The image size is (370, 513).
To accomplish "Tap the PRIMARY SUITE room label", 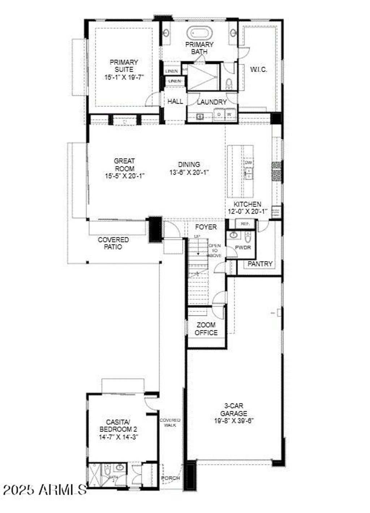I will tap(124, 66).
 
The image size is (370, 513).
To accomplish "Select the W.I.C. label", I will tap(259, 69).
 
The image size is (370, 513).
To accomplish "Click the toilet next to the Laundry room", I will tap(228, 84).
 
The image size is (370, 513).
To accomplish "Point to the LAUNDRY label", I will tap(212, 102).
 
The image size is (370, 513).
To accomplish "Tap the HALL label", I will tap(175, 102).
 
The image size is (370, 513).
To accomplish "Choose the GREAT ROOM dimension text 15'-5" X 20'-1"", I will tap(124, 176).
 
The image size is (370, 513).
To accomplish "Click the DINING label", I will tap(189, 165).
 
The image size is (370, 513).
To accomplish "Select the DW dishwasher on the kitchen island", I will tap(248, 163).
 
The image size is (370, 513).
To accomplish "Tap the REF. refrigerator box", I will tap(245, 224).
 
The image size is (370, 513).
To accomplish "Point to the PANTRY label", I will tap(260, 264).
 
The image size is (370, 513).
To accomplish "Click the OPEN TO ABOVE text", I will tap(215, 250).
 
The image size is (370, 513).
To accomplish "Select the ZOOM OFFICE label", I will tap(206, 329).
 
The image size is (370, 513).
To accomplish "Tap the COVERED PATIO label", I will tap(113, 243).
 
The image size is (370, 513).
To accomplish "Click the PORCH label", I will tap(170, 478).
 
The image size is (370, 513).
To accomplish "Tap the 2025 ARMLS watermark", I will tap(44, 490).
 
